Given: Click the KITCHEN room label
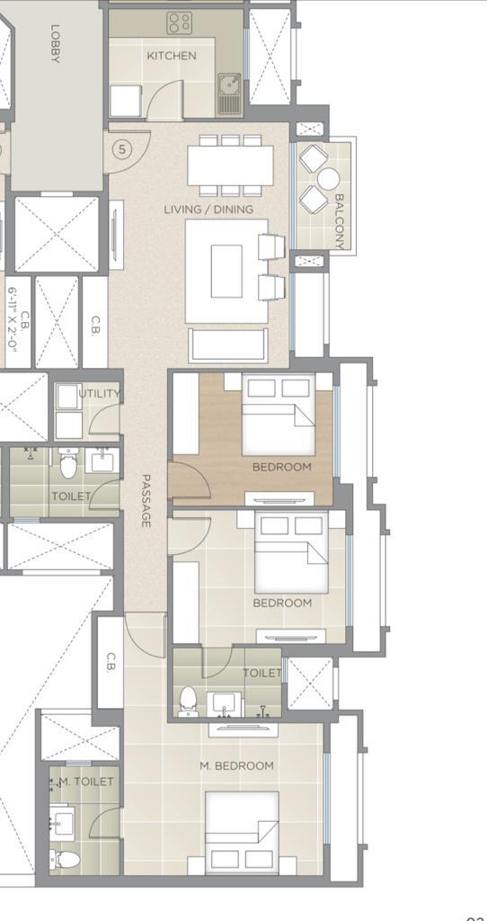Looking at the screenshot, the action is click(x=172, y=56).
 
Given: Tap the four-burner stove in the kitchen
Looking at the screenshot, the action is click(x=179, y=22).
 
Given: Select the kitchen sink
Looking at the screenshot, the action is click(x=229, y=93).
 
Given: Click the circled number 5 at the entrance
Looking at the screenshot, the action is click(x=121, y=149).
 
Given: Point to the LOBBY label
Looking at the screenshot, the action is click(x=55, y=43).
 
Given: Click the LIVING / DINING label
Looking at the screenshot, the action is click(x=208, y=209).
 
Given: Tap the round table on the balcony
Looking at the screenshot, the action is click(x=328, y=178).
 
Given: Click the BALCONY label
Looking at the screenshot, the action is click(x=341, y=221).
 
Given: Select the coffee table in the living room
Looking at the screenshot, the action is click(x=226, y=271).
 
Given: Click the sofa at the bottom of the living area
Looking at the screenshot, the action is click(x=227, y=345).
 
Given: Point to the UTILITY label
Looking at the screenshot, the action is click(x=99, y=394).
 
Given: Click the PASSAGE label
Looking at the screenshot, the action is click(x=146, y=500).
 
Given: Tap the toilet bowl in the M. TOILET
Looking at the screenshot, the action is click(x=64, y=860).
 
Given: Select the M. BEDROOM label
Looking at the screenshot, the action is click(x=236, y=766).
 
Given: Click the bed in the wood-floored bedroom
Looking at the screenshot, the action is click(x=279, y=414).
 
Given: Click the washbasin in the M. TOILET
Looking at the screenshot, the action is click(x=62, y=819).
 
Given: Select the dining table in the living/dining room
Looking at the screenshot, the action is click(x=231, y=165).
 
